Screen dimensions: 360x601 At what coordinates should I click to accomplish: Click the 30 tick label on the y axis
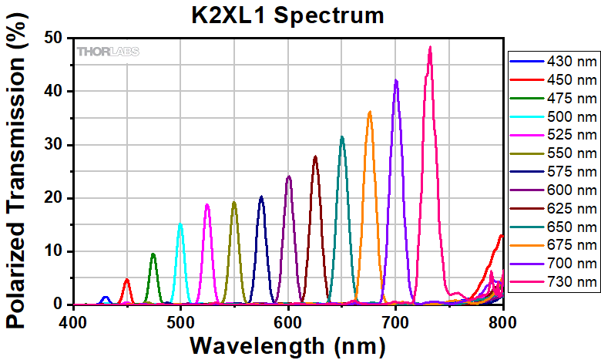53,144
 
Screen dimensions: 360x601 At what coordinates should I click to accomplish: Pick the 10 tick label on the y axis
53,251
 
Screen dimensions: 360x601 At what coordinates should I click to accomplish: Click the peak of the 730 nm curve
430,48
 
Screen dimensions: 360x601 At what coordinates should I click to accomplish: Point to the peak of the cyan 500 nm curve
180,224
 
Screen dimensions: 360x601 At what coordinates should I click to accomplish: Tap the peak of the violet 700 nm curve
396,80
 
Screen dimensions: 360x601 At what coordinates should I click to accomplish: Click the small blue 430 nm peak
106,297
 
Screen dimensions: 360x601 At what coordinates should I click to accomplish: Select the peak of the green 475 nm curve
153,254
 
